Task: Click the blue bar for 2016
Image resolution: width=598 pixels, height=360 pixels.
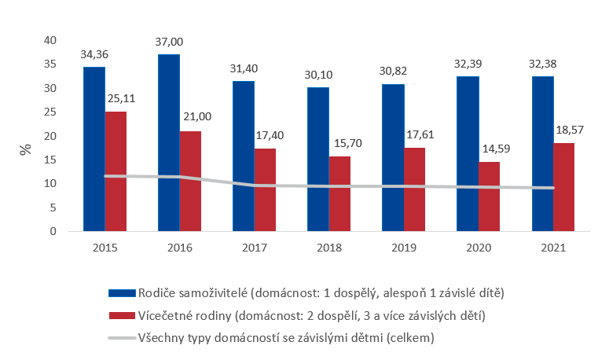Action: [x=168, y=142]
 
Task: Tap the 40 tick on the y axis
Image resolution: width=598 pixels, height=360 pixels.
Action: [x=50, y=40]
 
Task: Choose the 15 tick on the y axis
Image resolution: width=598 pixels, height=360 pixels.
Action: [x=50, y=160]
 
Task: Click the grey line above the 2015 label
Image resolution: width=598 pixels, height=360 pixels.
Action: [x=105, y=176]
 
